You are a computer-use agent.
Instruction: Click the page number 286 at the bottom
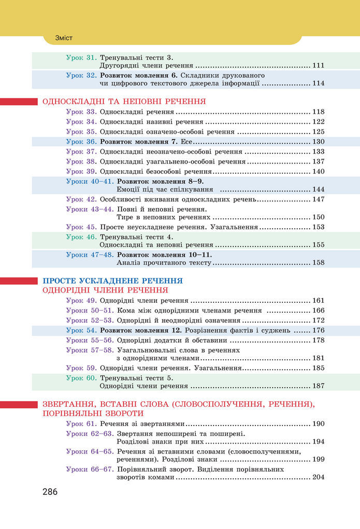(x=50, y=492)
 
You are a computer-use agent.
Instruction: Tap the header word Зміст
(x=64, y=38)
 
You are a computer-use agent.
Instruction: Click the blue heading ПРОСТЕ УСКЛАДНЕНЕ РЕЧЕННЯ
(x=112, y=281)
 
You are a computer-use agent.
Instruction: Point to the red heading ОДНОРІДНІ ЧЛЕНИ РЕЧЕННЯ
(x=105, y=290)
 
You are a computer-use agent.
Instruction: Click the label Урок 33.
(x=81, y=112)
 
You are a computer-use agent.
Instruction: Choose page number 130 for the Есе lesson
(x=318, y=141)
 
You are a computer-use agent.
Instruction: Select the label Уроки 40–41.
(x=90, y=181)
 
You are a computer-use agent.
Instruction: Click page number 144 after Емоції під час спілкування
(x=318, y=189)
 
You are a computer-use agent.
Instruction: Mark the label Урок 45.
(x=81, y=227)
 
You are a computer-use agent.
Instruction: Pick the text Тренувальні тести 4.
(x=136, y=237)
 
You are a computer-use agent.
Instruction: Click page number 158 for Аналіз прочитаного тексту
(x=318, y=262)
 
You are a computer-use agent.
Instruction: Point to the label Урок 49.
(x=81, y=300)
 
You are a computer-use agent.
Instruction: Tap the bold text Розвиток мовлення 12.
(x=140, y=330)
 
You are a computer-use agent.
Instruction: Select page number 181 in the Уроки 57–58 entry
(x=318, y=358)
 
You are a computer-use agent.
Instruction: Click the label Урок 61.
(x=81, y=423)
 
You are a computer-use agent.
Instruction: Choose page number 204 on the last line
(x=318, y=477)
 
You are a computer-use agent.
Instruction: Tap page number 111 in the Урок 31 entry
(x=318, y=66)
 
